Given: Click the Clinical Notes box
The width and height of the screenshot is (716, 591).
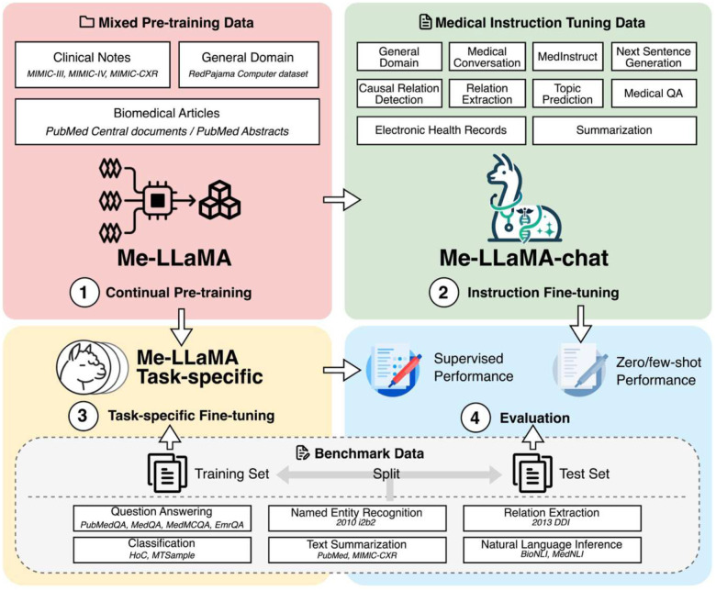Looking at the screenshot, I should coord(92,63).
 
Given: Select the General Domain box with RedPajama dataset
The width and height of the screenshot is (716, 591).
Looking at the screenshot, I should coord(248,63).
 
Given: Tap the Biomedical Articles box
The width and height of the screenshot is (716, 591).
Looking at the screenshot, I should coord(168,121).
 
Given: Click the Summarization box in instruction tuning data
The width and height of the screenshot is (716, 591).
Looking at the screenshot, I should coord(614,131).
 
